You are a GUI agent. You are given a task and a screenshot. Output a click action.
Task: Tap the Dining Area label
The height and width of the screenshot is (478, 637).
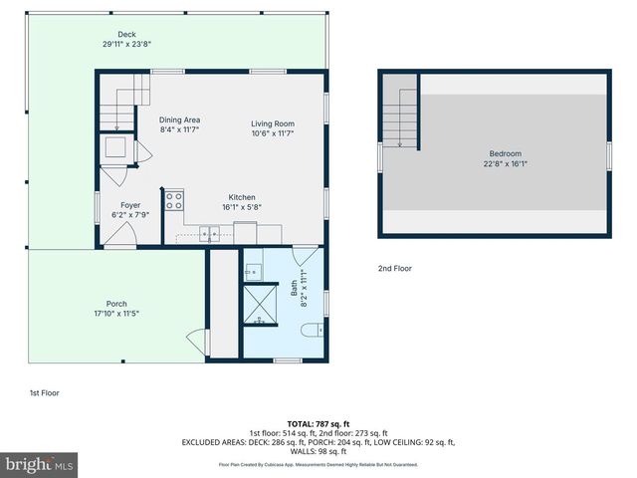(180, 120)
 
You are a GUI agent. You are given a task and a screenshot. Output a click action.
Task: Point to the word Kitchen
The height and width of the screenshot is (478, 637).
(243, 197)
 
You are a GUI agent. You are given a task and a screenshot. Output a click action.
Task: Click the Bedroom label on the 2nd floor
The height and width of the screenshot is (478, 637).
(505, 153)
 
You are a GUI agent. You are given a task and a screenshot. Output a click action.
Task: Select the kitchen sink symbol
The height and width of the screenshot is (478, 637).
(210, 234)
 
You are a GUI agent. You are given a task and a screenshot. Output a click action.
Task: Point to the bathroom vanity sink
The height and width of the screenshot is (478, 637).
(252, 270)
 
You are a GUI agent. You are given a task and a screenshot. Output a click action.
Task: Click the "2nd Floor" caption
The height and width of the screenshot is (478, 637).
(394, 268)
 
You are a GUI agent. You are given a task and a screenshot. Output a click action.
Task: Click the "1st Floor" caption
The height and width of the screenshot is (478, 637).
(44, 392)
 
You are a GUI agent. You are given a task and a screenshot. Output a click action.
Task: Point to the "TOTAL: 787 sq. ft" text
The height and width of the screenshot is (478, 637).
(318, 423)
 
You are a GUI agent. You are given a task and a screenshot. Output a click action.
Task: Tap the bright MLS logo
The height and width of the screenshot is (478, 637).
(40, 464)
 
